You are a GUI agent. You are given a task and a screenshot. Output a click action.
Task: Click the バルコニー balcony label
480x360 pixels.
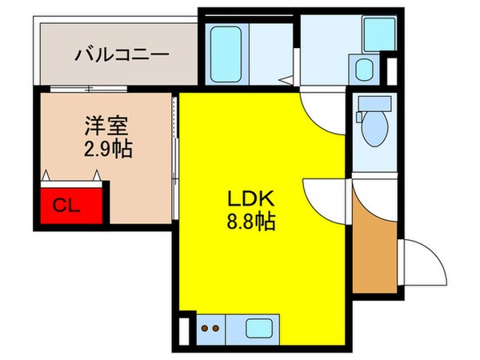click(x=122, y=55)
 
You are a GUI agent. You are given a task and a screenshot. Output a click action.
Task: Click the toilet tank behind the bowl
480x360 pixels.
click(x=374, y=104)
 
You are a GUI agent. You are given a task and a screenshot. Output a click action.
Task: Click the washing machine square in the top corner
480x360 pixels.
click(x=375, y=33)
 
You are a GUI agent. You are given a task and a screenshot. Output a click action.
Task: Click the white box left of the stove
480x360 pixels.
click(x=186, y=328)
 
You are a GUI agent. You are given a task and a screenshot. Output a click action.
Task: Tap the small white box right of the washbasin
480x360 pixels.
click(x=391, y=70)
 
